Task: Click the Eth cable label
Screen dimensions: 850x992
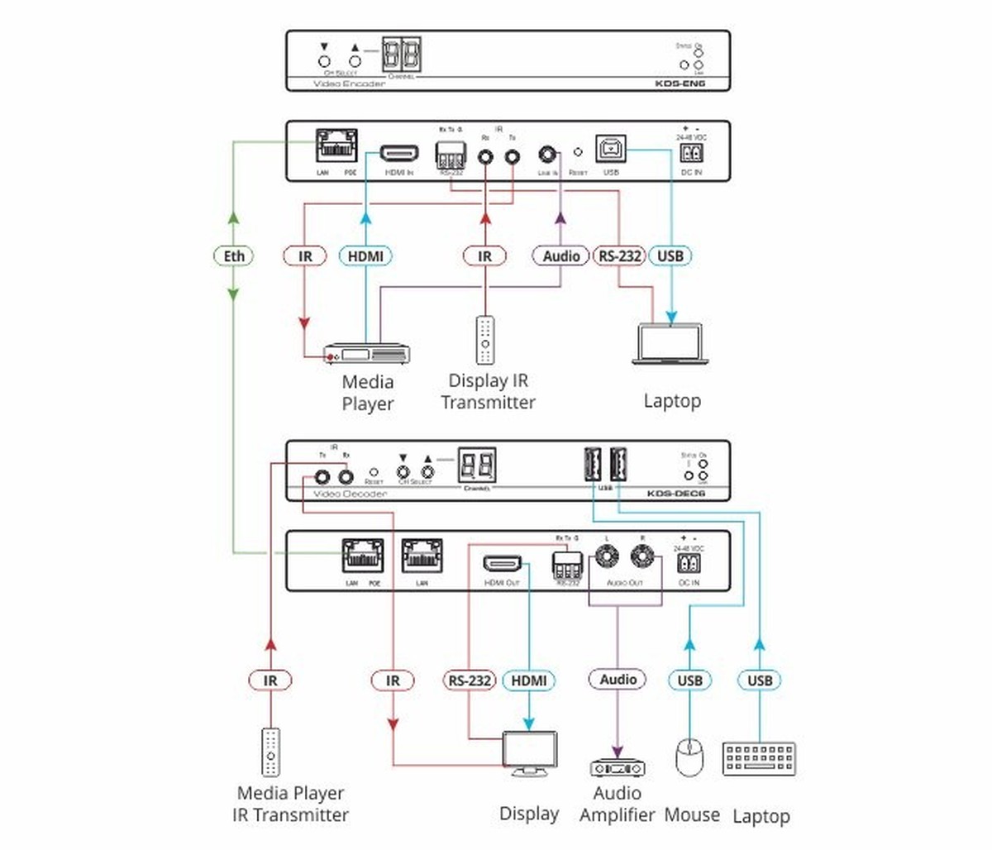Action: [234, 256]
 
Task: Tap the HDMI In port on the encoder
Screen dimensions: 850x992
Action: [398, 154]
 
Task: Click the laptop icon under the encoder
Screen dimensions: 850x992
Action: [670, 344]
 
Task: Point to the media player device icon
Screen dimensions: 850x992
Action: [366, 353]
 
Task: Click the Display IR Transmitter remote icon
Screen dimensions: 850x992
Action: [485, 340]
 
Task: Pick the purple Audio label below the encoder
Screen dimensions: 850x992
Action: [560, 256]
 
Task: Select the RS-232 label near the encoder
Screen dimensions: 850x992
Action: [619, 256]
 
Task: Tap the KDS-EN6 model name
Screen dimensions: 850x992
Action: [680, 84]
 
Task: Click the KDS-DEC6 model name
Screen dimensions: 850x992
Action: [675, 494]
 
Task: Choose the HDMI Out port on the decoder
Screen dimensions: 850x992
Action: [503, 564]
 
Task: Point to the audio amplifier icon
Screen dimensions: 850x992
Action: [617, 768]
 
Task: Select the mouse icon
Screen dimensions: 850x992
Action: [689, 757]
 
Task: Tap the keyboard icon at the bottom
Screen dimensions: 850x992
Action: [759, 758]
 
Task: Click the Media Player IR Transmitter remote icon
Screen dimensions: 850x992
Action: [270, 752]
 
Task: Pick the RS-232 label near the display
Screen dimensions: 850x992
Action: [470, 680]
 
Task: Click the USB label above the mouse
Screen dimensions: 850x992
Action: [689, 680]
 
